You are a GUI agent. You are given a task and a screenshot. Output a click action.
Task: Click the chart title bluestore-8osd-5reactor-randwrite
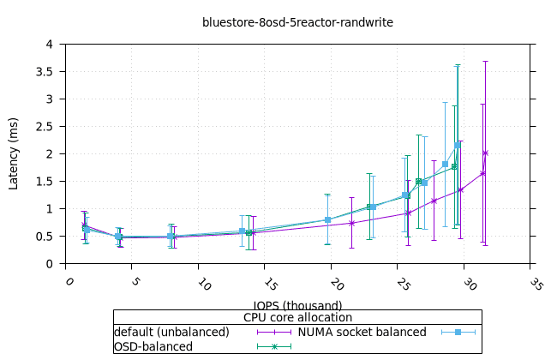297,22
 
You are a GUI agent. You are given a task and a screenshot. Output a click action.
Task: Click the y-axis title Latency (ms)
14,153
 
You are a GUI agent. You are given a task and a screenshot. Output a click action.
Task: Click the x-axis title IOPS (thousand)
297,305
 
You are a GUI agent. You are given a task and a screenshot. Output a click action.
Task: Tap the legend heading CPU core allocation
297,317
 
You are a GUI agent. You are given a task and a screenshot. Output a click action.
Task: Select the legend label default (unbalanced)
171,332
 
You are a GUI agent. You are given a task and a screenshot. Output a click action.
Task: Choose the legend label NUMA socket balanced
362,332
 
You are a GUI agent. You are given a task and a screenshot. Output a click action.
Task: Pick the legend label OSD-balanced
153,346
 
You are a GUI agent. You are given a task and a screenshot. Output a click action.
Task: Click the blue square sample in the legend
458,332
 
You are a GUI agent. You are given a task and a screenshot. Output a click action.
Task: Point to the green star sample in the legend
275,346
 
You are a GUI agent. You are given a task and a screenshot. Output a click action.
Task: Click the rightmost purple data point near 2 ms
486,153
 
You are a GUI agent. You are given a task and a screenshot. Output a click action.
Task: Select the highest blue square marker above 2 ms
458,145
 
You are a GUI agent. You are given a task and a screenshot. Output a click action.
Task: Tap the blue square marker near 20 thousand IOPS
328,220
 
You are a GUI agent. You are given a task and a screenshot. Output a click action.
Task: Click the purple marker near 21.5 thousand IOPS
352,223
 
